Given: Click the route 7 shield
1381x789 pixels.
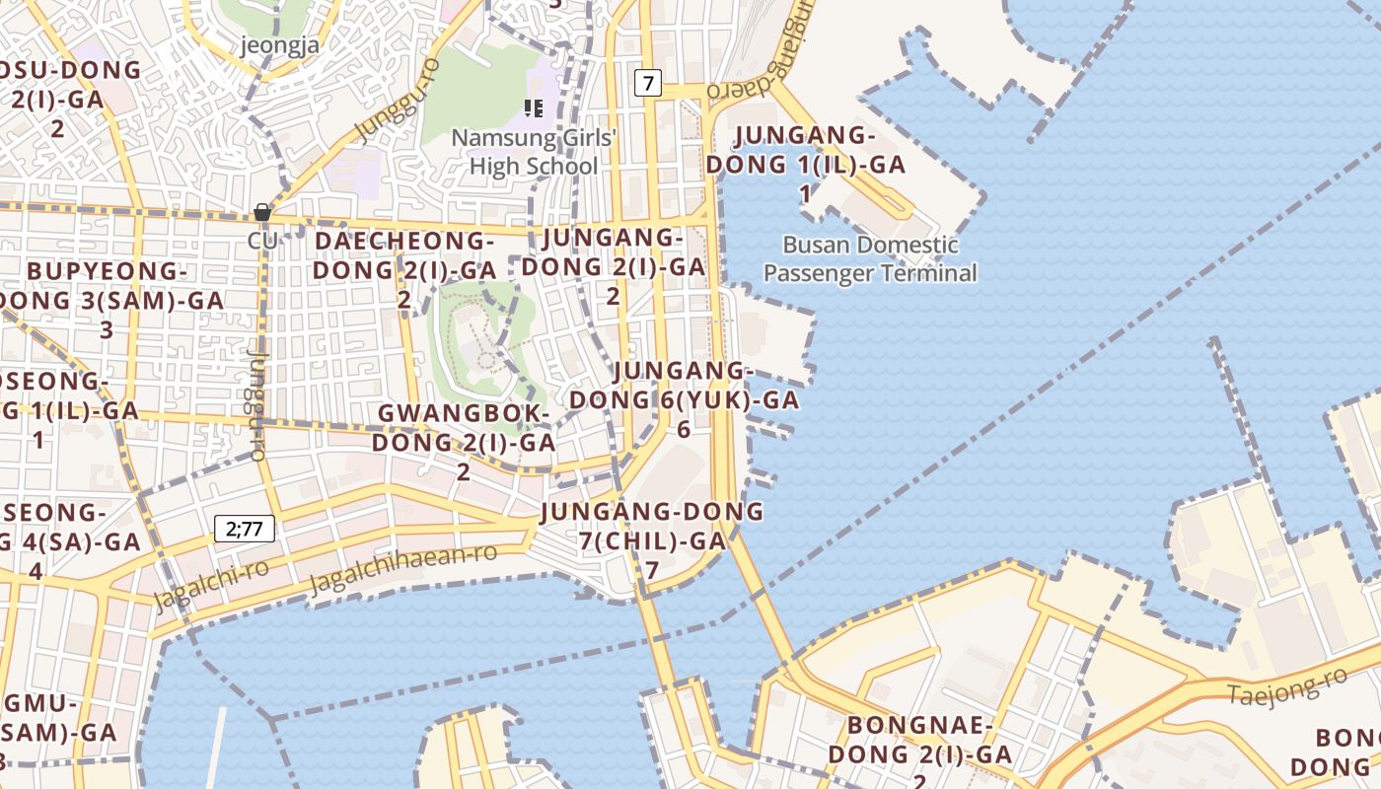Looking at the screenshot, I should [x=647, y=83].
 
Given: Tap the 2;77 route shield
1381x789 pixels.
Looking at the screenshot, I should [x=245, y=529].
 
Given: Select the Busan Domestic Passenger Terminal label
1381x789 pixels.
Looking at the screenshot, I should [x=870, y=259].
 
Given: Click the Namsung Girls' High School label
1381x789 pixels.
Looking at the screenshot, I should [x=534, y=152].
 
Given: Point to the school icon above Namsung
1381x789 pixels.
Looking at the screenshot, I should [x=534, y=108].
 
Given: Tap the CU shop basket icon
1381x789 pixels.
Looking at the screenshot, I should [x=262, y=212].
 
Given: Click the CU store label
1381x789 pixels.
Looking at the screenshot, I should [x=262, y=241].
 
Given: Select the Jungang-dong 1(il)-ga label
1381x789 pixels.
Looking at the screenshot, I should [x=820, y=164].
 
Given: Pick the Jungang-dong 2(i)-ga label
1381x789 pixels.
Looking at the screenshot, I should [x=613, y=266].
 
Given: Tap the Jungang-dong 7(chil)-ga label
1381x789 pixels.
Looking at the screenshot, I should [x=651, y=539].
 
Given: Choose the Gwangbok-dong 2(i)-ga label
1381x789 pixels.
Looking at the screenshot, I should [x=464, y=441].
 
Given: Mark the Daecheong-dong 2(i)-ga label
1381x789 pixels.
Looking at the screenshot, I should [x=404, y=269].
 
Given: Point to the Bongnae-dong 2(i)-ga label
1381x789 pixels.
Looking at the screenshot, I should [x=919, y=753].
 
